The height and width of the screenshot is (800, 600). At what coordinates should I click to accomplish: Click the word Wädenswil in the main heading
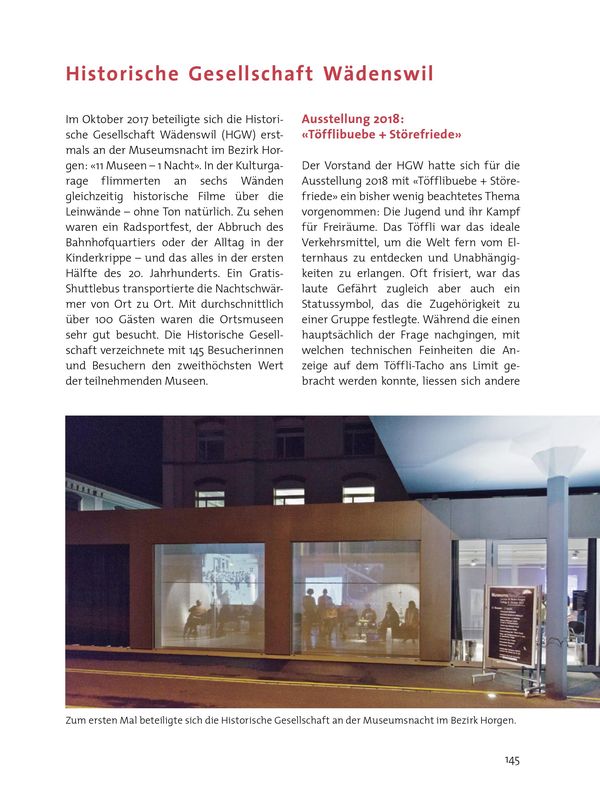(x=379, y=73)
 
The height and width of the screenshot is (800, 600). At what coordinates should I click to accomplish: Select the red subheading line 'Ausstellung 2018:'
(x=352, y=118)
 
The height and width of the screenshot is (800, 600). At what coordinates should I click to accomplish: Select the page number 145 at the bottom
(x=511, y=761)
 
